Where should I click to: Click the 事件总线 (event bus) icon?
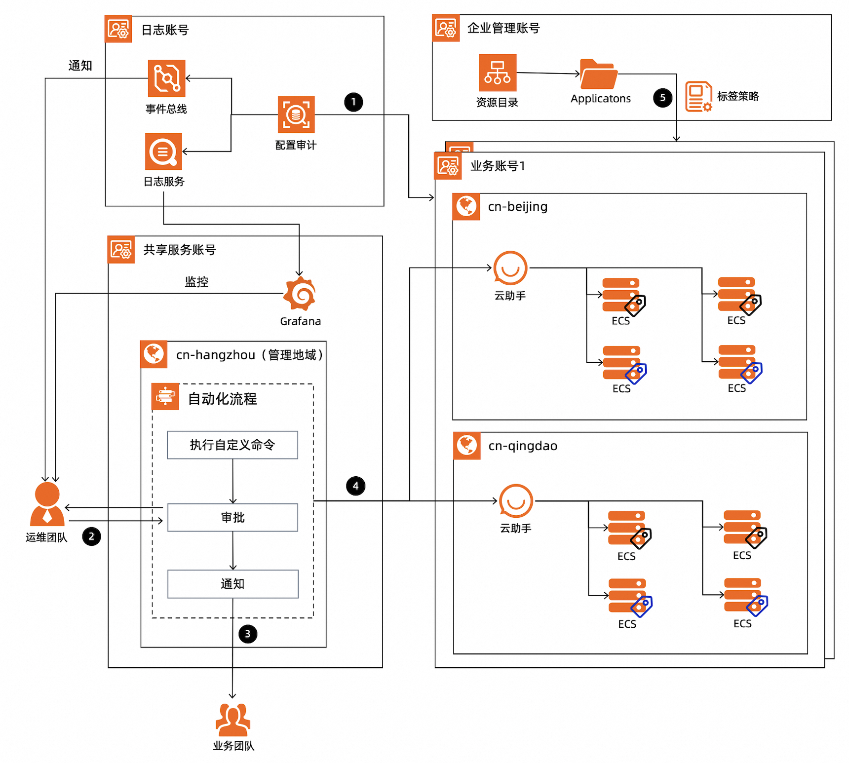[166, 78]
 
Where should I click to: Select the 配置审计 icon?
[296, 115]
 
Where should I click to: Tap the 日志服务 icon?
[163, 152]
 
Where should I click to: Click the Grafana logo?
[300, 294]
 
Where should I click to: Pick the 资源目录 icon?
[498, 73]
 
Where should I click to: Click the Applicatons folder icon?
[598, 75]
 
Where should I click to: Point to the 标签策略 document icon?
[698, 97]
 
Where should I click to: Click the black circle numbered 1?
[353, 102]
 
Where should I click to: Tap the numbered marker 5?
[662, 98]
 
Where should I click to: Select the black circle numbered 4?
[355, 486]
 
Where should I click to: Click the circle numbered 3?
[248, 634]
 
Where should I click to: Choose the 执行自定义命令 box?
[232, 445]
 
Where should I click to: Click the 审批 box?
[232, 517]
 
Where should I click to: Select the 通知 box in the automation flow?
[232, 584]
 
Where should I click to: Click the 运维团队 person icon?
[47, 504]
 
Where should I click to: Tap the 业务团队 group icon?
[233, 720]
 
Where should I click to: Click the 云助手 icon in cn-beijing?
[510, 268]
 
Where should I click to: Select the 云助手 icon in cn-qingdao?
[516, 501]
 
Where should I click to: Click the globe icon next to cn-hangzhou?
[154, 354]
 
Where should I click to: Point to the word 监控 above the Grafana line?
[196, 282]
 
